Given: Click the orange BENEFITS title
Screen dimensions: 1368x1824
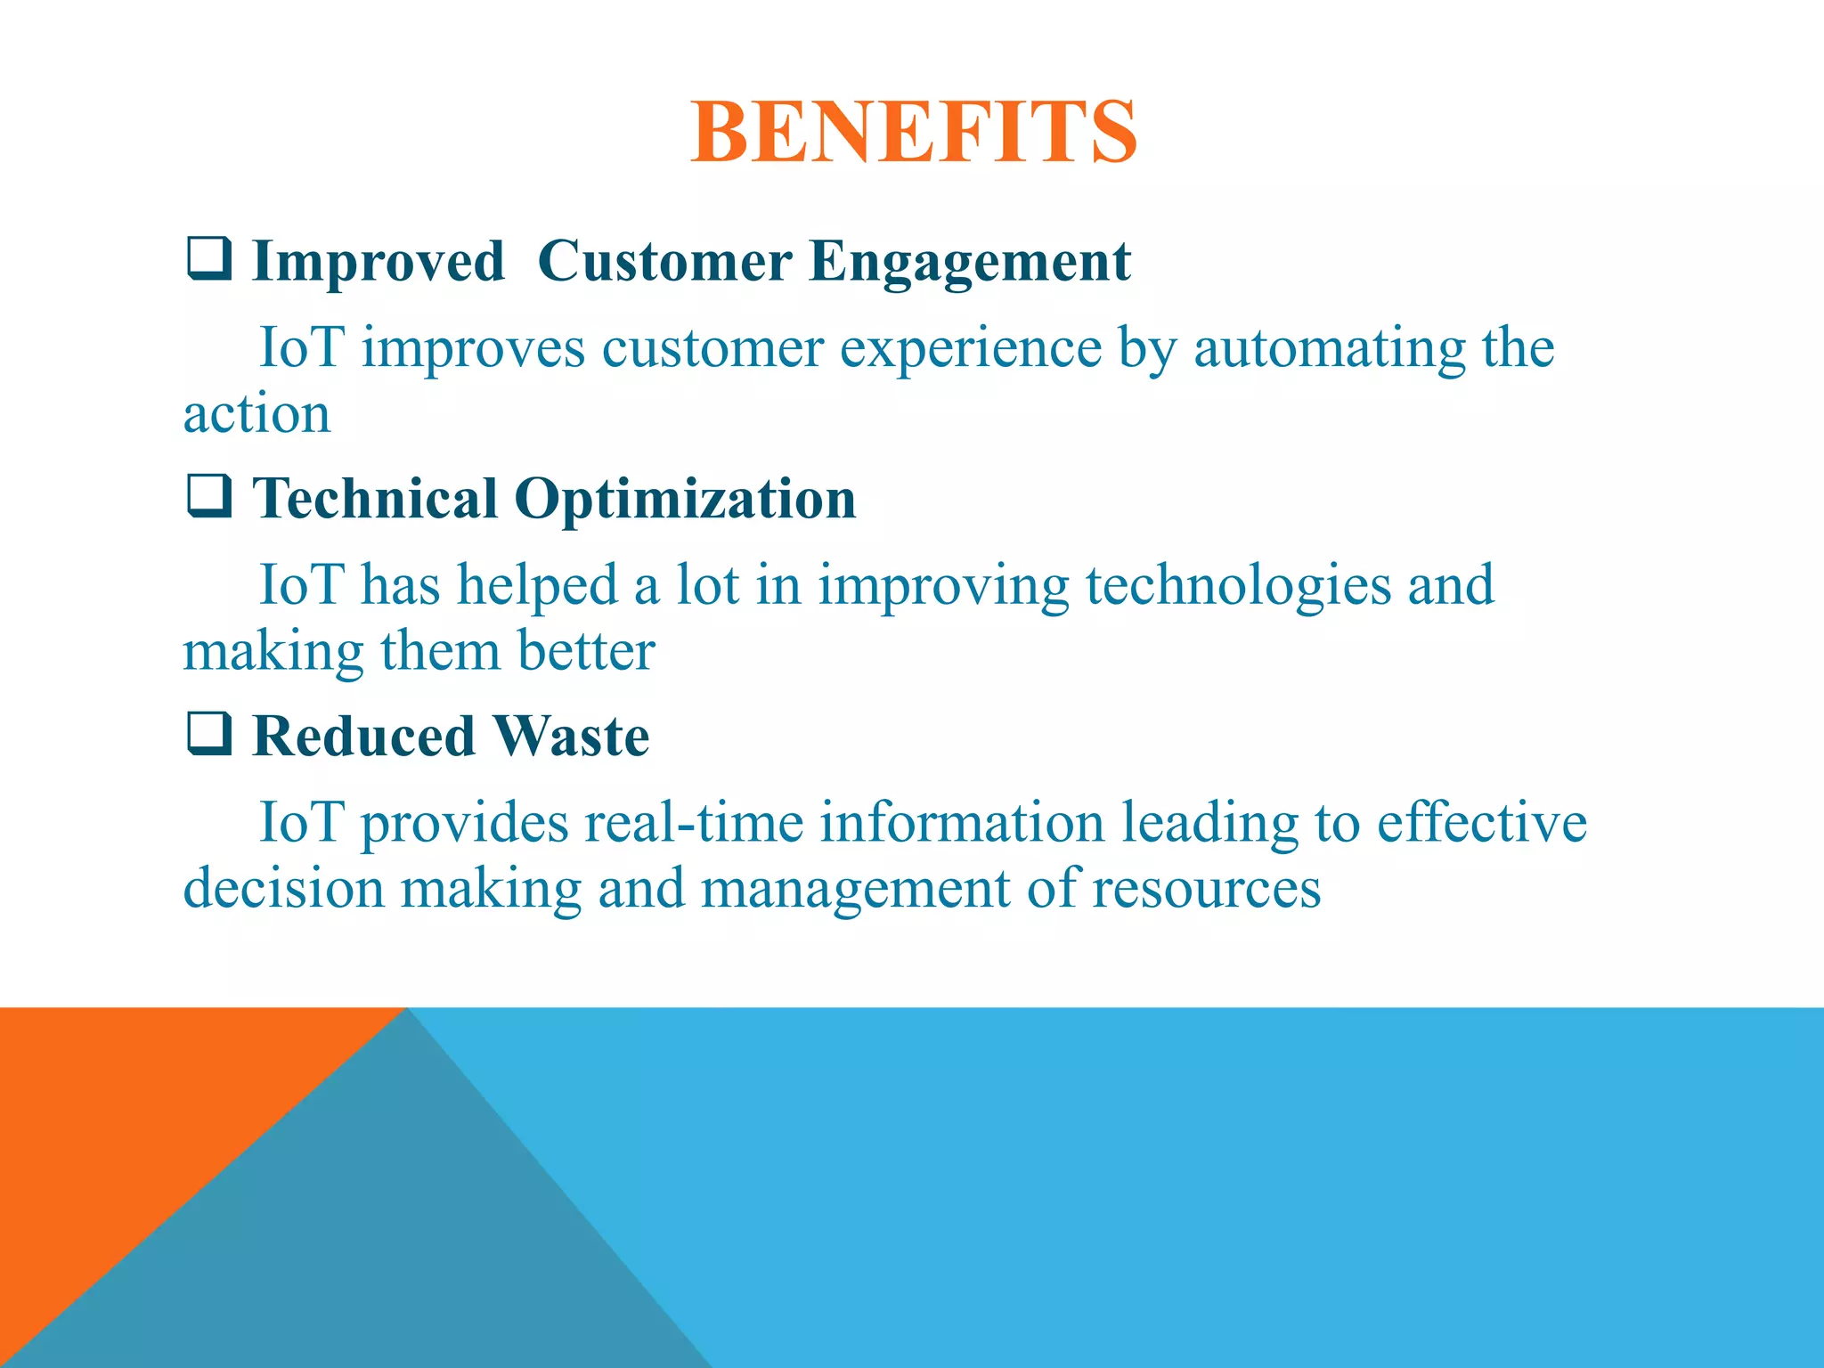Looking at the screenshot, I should pyautogui.click(x=913, y=132).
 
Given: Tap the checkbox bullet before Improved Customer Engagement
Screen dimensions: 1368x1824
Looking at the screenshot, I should pyautogui.click(x=209, y=259).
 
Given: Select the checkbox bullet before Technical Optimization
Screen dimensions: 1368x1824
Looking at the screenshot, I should pyautogui.click(x=209, y=496).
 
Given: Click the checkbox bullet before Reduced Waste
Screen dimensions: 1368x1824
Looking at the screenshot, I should pyautogui.click(x=209, y=734).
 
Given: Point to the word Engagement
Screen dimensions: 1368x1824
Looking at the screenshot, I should pyautogui.click(x=970, y=264).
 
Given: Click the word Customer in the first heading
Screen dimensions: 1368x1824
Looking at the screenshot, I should pyautogui.click(x=664, y=262).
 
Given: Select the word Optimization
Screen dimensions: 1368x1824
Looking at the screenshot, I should pyautogui.click(x=685, y=501).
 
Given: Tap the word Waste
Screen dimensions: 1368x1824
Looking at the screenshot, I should pyautogui.click(x=571, y=737).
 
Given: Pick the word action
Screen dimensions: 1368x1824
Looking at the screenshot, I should pyautogui.click(x=256, y=414).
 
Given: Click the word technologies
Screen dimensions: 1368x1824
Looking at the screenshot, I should pyautogui.click(x=1238, y=587).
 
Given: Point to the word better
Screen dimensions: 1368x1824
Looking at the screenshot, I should pyautogui.click(x=586, y=651).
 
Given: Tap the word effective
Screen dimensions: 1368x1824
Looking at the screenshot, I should pyautogui.click(x=1482, y=822).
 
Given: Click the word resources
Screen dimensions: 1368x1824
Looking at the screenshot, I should pyautogui.click(x=1206, y=889).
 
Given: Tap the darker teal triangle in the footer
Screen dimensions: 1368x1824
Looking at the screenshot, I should pyautogui.click(x=401, y=1247).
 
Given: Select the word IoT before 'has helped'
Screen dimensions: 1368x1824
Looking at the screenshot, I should pyautogui.click(x=300, y=585).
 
